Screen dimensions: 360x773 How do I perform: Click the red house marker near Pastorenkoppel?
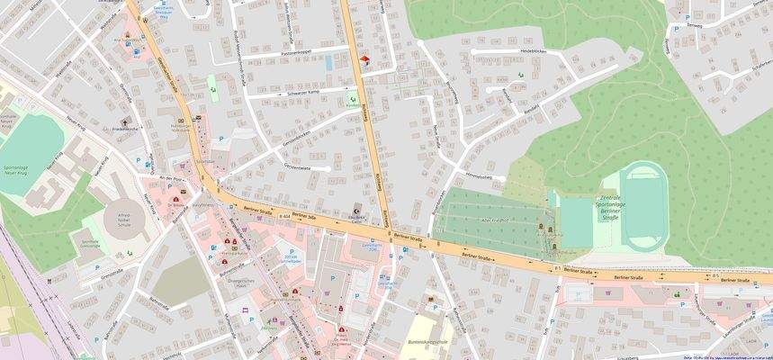click(364, 60)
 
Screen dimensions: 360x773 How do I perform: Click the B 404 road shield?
click(284, 216)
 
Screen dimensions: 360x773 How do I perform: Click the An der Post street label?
click(170, 178)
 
